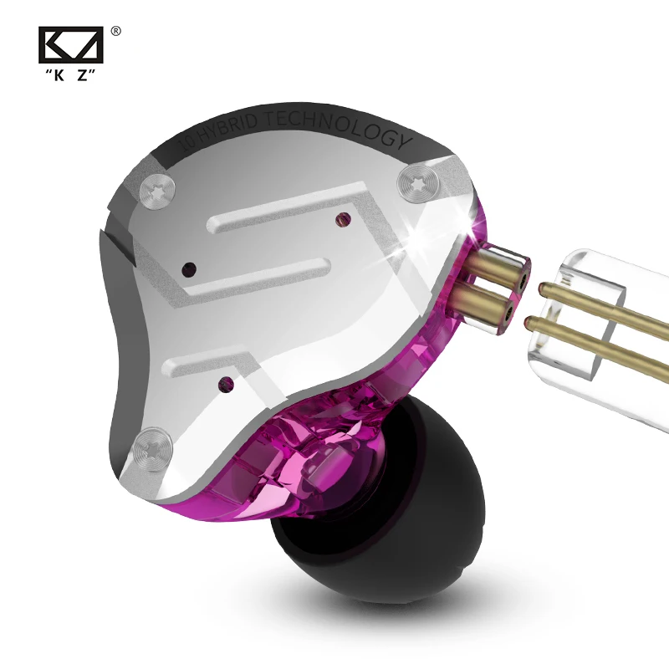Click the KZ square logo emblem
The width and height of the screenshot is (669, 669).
(71, 45)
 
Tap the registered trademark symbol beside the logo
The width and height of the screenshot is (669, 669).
(115, 32)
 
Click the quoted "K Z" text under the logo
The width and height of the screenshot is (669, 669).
(70, 75)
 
